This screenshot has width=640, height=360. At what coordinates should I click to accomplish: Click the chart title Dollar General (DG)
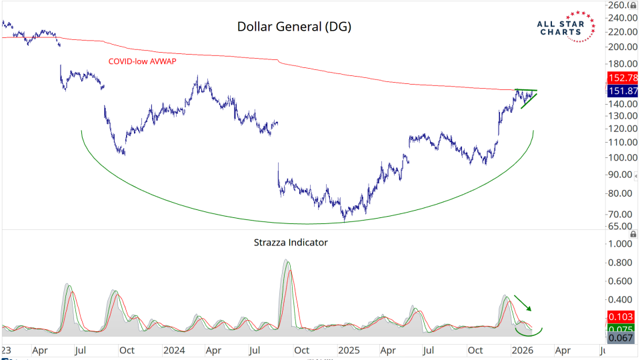click(x=294, y=27)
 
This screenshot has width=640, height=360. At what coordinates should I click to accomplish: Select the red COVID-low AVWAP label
click(x=146, y=61)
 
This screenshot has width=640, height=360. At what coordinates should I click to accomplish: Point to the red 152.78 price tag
click(x=622, y=78)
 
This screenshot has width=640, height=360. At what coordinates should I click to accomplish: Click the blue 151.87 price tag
click(x=622, y=91)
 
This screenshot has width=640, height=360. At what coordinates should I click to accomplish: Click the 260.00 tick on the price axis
click(x=620, y=5)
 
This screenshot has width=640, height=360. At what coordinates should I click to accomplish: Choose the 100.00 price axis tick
click(x=620, y=157)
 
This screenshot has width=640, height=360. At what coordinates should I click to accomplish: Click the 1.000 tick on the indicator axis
click(x=619, y=244)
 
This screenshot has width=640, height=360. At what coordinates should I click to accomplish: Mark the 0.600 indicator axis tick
click(x=619, y=281)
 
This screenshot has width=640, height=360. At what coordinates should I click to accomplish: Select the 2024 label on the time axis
click(x=174, y=350)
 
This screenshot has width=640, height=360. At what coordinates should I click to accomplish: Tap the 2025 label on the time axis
click(x=348, y=350)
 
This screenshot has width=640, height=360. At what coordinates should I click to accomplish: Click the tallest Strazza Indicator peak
click(x=286, y=261)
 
